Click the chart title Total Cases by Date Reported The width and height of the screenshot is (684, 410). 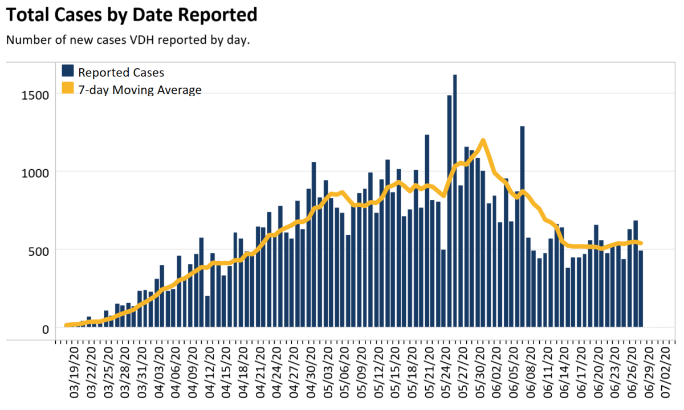[x=131, y=15]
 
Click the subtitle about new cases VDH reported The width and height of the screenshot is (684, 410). [x=128, y=40]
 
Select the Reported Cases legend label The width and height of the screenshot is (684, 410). [x=121, y=72]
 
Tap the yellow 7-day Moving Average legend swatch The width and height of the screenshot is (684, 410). [x=68, y=90]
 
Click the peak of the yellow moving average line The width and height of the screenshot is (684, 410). [x=483, y=140]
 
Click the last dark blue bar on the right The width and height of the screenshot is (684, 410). [x=640, y=289]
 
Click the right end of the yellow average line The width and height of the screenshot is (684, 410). [x=641, y=243]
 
